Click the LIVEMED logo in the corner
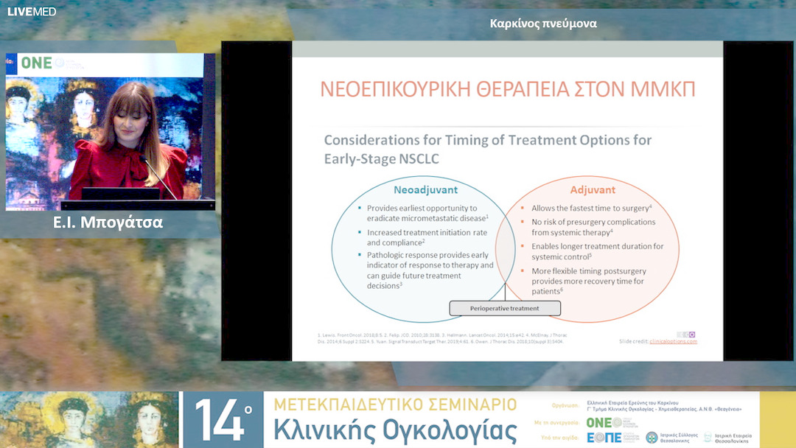click(31, 11)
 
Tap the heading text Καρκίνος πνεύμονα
click(543, 24)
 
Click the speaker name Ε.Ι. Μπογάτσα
click(108, 223)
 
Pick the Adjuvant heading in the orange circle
click(593, 189)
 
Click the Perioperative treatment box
click(505, 308)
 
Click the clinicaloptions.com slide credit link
click(672, 341)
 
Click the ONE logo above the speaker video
click(36, 63)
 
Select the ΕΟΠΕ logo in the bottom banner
click(604, 437)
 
